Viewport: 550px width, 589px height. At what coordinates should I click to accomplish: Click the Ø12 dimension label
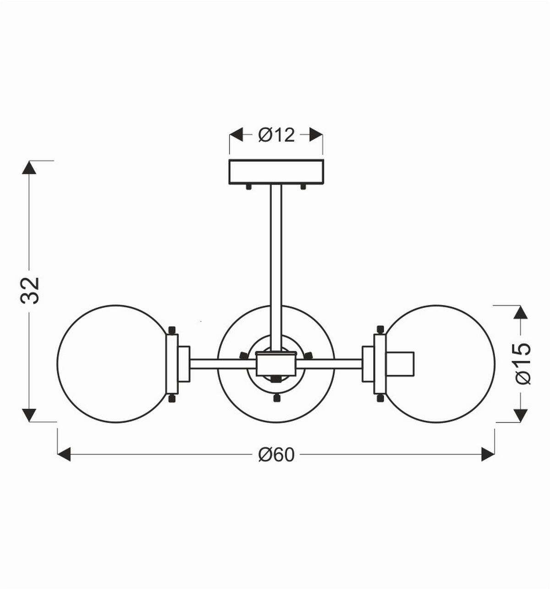click(276, 135)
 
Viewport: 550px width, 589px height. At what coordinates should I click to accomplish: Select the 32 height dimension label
click(31, 290)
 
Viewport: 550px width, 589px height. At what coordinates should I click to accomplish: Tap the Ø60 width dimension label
click(276, 455)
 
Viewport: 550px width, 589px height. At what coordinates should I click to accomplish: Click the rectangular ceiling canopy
click(276, 171)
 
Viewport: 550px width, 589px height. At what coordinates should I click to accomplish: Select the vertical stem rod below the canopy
click(276, 257)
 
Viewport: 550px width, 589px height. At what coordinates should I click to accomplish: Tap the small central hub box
click(276, 364)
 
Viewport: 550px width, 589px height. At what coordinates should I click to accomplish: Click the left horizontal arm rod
click(222, 364)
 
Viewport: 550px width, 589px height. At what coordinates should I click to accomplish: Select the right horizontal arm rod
click(330, 364)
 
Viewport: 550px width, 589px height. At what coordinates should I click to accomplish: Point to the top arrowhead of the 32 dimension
click(29, 168)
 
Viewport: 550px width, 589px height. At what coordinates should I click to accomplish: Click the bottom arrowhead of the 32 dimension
click(29, 415)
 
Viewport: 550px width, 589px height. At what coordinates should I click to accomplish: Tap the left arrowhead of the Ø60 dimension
click(64, 455)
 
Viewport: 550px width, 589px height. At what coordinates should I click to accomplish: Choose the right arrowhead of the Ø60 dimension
click(488, 455)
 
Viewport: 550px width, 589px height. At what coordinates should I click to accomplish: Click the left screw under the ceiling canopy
click(248, 187)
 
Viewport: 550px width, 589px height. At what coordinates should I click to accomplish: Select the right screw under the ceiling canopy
click(303, 187)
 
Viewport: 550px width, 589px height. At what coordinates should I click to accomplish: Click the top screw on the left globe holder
click(172, 330)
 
